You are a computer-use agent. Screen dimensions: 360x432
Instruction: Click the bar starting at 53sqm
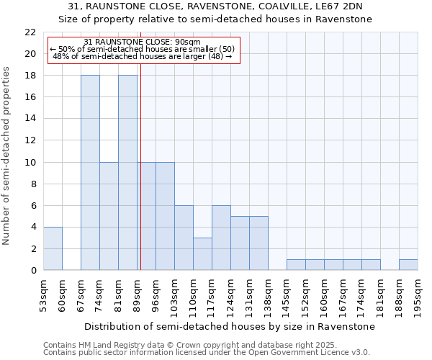click(53, 248)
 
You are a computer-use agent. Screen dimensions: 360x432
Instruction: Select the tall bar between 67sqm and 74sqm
click(90, 173)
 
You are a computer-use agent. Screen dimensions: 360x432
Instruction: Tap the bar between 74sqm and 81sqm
click(109, 216)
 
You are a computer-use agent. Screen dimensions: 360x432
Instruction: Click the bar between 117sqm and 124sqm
click(221, 238)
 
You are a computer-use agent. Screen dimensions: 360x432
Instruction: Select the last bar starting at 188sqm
click(408, 265)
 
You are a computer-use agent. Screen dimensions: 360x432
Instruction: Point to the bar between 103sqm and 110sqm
click(184, 238)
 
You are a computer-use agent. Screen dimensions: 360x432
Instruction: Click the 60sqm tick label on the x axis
click(62, 295)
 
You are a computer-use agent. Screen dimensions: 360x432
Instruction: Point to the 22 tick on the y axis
click(30, 32)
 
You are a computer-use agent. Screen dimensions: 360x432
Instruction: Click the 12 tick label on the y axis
click(30, 140)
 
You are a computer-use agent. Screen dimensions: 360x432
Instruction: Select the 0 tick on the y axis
click(33, 270)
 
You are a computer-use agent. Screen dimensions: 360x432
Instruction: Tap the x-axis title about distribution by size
click(229, 327)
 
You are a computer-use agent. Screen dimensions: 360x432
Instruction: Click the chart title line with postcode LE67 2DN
click(215, 6)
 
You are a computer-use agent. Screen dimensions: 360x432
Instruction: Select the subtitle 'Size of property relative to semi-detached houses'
click(215, 19)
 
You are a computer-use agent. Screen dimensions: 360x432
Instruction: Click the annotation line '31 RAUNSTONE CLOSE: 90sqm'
click(142, 42)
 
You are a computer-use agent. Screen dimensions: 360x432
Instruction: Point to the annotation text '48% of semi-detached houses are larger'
click(143, 55)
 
